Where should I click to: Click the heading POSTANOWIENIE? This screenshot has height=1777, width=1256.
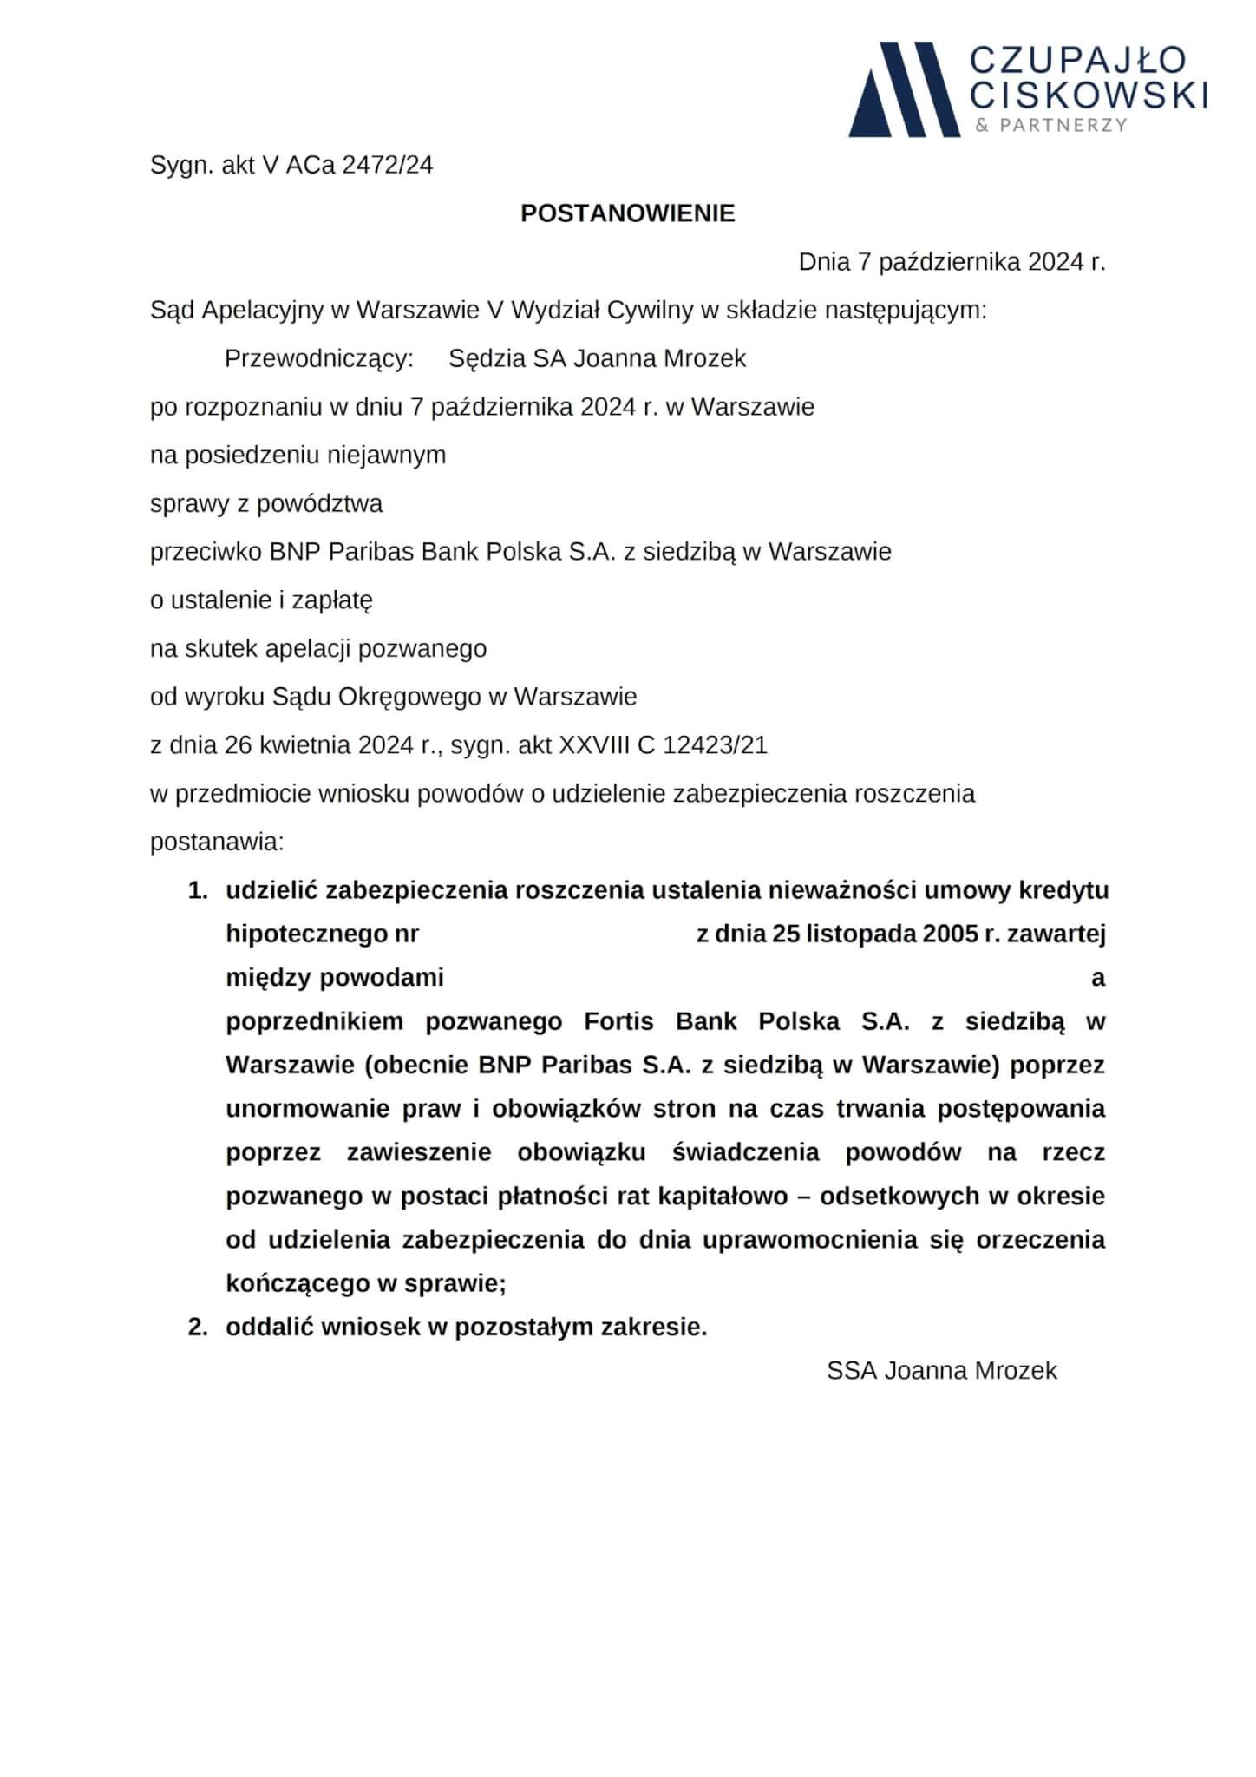[x=627, y=213]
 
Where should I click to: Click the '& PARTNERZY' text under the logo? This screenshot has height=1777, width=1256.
[x=1050, y=125]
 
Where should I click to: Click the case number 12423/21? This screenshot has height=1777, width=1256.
[x=715, y=745]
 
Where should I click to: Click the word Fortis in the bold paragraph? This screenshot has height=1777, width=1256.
[x=618, y=1021]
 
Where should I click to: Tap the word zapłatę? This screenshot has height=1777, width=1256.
[x=333, y=600]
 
